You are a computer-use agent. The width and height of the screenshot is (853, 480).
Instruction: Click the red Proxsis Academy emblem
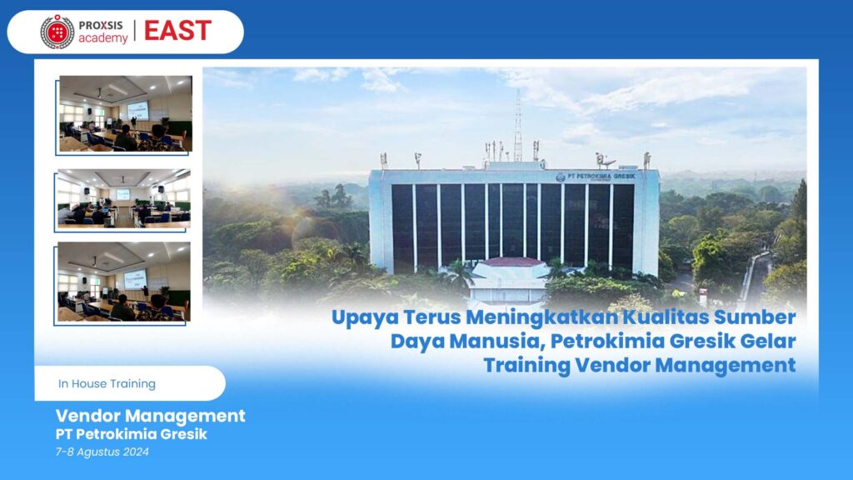[57, 32]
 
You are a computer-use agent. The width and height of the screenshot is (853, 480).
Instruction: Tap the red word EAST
[177, 31]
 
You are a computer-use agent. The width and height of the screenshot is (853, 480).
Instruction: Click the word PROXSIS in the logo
[101, 25]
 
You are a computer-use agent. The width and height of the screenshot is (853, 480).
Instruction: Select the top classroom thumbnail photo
[126, 113]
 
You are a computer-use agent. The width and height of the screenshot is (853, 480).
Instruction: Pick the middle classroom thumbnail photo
[124, 198]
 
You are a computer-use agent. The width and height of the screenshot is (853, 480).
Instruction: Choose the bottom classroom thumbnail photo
[124, 282]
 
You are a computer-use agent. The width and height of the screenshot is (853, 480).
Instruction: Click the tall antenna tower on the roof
[518, 126]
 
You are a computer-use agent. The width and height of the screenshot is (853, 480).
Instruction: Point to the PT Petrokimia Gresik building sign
[596, 177]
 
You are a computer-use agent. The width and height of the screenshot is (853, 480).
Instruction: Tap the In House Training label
[107, 383]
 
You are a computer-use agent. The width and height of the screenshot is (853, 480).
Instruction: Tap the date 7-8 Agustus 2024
[102, 452]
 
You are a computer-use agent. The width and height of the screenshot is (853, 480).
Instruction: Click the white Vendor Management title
[150, 416]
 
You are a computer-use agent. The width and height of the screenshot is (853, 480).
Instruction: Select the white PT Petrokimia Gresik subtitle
[131, 434]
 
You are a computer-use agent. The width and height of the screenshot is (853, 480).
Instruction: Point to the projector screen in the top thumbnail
[137, 111]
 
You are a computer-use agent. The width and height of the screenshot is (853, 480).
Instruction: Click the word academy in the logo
[102, 38]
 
